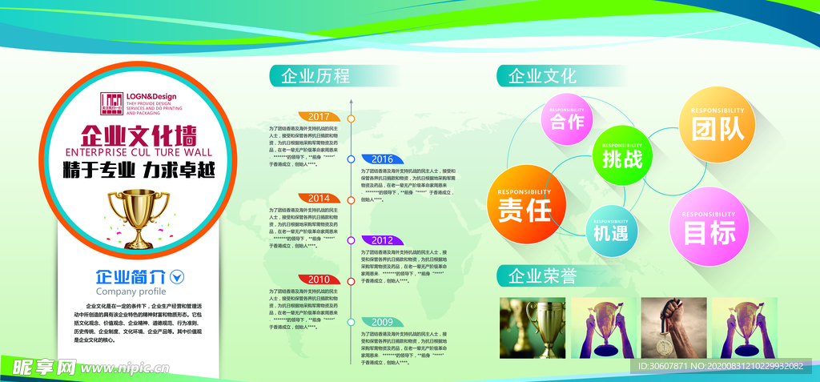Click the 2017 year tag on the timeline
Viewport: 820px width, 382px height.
319,117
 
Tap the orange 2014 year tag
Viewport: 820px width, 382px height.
319,198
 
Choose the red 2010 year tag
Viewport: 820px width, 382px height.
319,279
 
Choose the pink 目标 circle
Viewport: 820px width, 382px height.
709,227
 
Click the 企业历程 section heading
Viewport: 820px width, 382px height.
314,76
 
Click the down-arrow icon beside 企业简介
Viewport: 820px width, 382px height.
178,277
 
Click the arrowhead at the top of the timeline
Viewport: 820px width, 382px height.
351,102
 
